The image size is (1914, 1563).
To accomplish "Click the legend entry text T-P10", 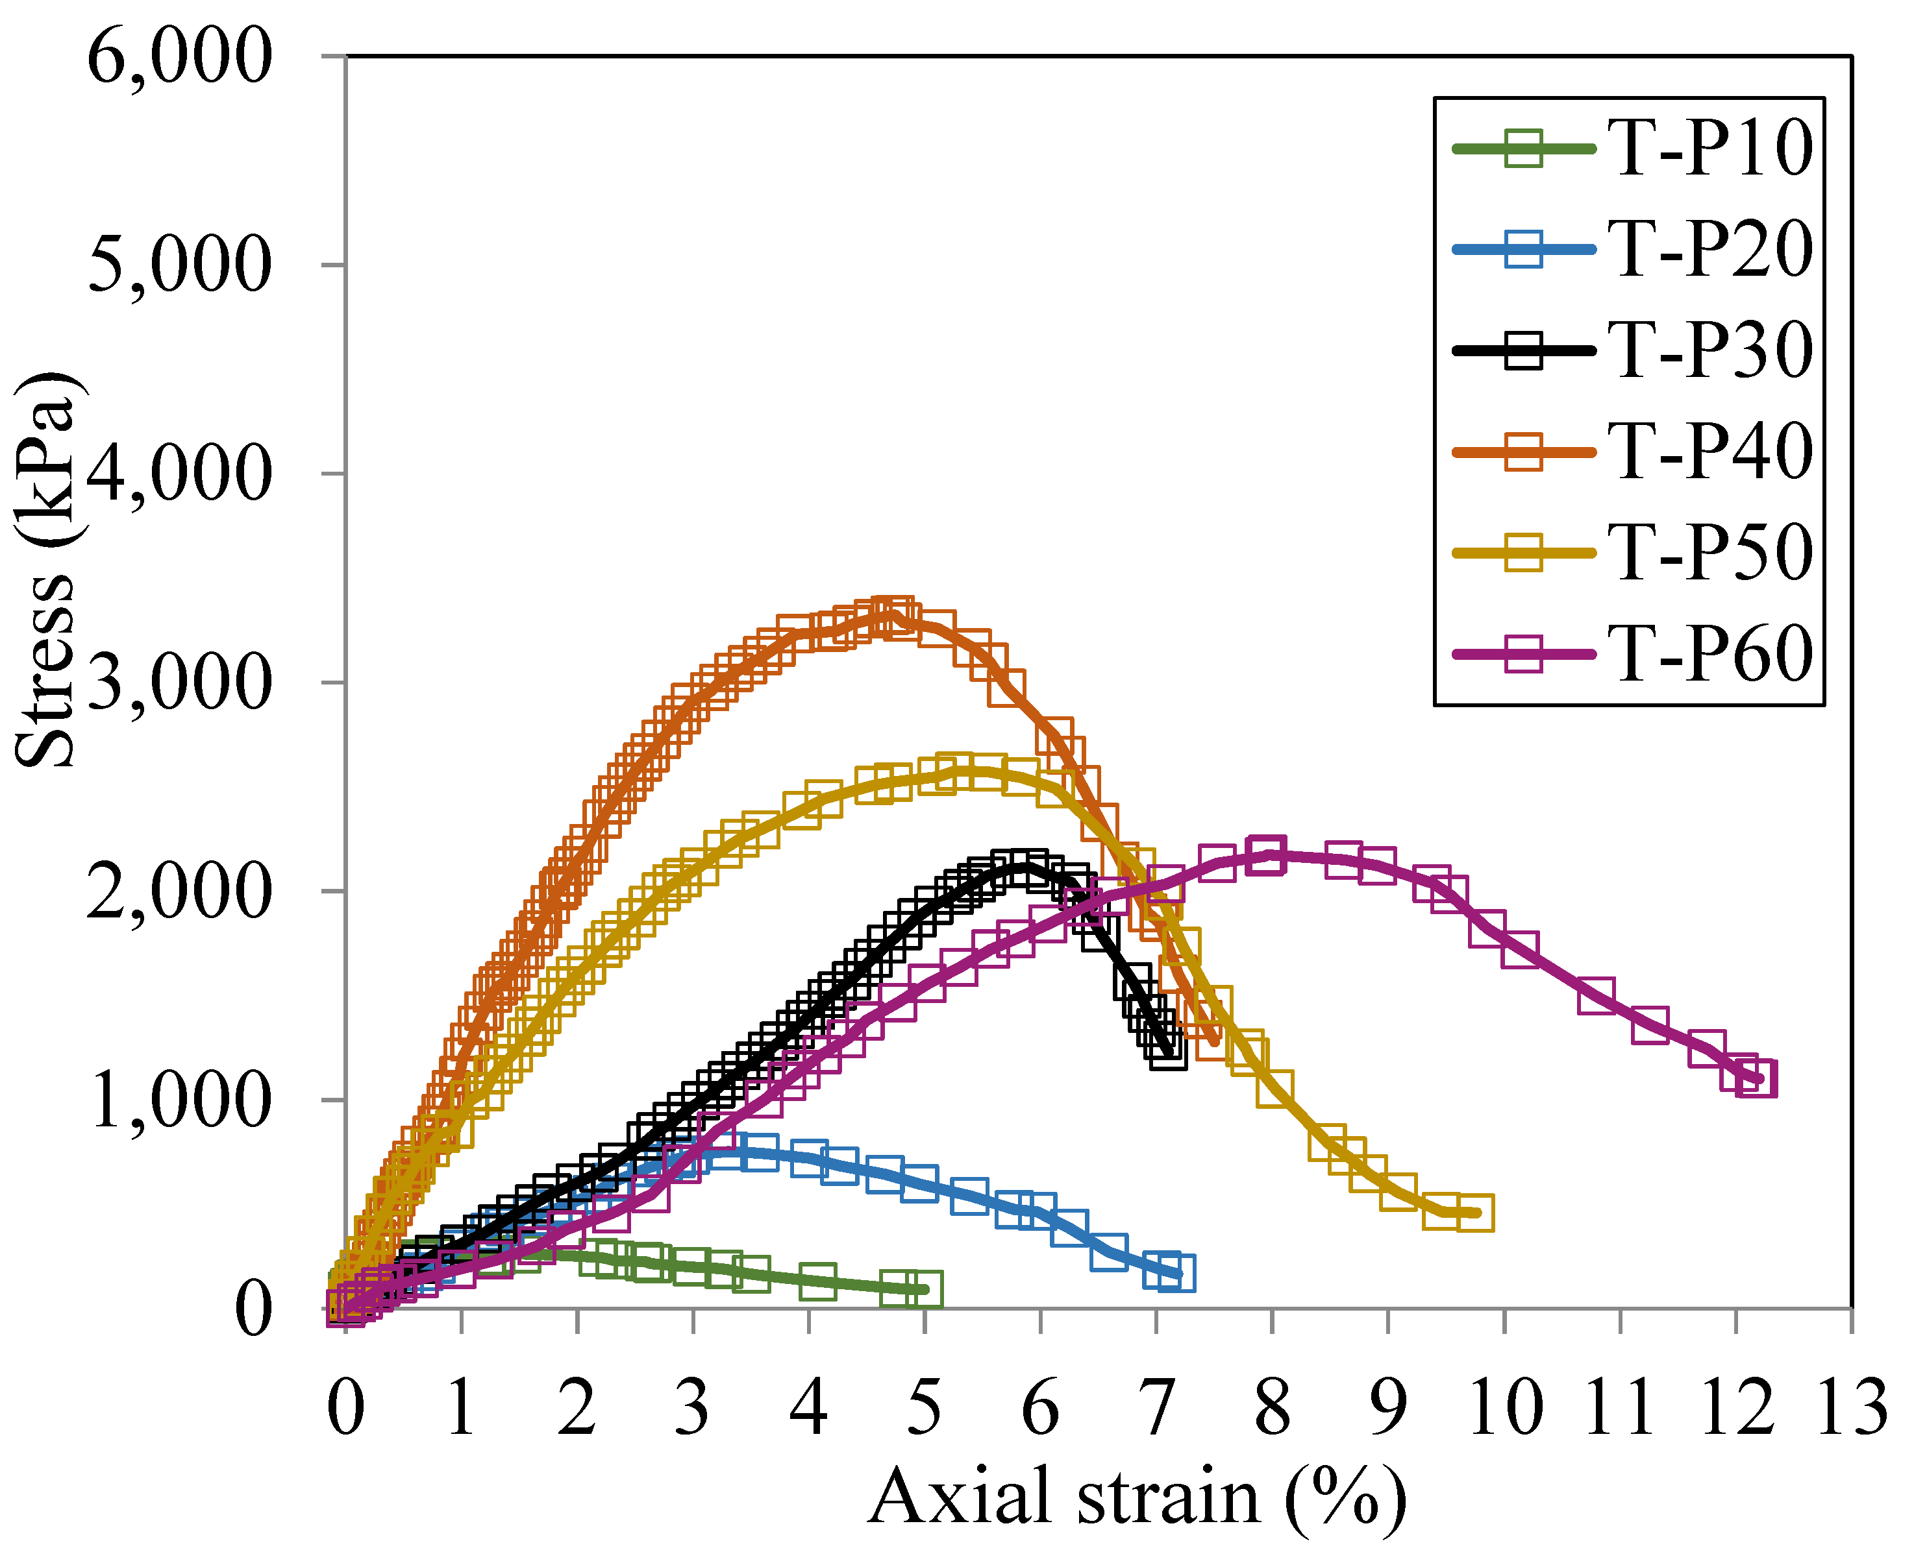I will pos(1709,149).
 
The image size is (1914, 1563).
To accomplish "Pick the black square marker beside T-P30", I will pos(1523,351).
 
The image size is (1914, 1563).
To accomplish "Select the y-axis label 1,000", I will pos(180,1099).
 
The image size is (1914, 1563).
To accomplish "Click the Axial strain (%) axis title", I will pos(1137,1498).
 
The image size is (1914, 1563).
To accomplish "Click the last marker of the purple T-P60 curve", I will pos(1756,1078).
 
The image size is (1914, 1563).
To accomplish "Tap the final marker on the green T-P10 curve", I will pos(923,1289).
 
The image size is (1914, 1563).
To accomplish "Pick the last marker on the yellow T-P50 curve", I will pos(1475,1213).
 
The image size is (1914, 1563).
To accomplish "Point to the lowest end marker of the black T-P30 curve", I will pos(1168,1052).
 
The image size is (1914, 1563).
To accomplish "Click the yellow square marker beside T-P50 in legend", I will pos(1523,553).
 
